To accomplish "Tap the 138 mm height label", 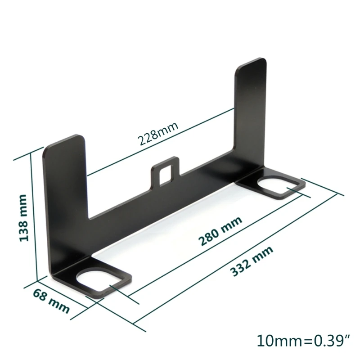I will pos(23,218).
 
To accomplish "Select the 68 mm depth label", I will pos(51,301).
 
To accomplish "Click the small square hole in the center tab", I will pos(166,173).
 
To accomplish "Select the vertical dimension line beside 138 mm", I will pos(33,216).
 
